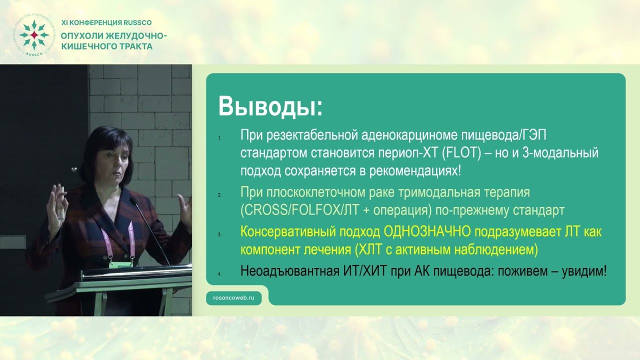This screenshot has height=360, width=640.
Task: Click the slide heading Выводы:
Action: [x=270, y=106]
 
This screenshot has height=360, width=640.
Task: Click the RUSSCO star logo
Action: [x=34, y=35]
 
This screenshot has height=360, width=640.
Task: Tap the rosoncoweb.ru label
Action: [x=234, y=297]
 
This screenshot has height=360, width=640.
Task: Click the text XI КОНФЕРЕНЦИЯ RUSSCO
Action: [x=106, y=22]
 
